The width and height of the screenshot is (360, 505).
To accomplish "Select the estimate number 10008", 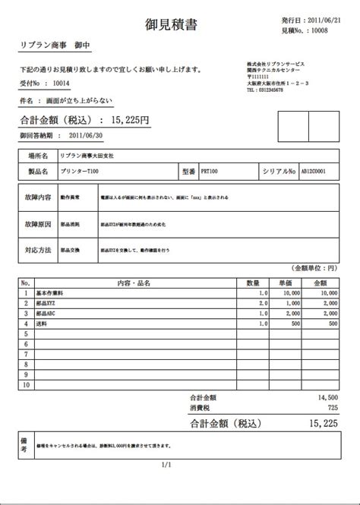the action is pos(323,30).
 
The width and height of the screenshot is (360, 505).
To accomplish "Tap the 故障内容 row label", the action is pos(38,197).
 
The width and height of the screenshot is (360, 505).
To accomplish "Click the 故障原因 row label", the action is pos(38,226).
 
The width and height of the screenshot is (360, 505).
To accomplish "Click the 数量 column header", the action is pos(254,282).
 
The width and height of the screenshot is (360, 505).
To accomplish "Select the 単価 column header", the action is pos(286,282).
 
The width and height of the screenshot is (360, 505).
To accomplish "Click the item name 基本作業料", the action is pos(49,292).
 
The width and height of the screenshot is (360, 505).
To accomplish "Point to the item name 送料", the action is pos(41,323).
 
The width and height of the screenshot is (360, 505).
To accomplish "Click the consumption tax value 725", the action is pos(332,407).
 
